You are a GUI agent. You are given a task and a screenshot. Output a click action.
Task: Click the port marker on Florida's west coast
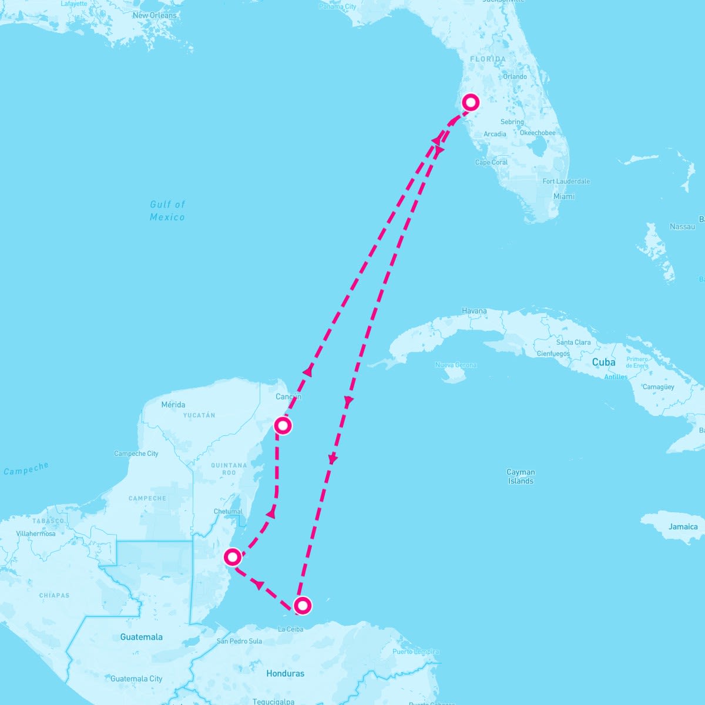point(471,102)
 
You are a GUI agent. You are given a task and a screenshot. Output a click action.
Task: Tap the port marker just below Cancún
point(283,425)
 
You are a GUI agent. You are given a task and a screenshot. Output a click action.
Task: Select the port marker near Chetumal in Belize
point(233,556)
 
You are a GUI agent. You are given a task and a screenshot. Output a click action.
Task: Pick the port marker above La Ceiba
point(302,605)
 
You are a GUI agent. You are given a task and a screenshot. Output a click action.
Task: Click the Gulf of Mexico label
point(167,210)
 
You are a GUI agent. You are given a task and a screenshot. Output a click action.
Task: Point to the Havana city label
point(474,311)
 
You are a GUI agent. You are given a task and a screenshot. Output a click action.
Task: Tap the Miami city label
point(563,196)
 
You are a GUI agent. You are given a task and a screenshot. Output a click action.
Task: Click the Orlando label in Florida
point(515,76)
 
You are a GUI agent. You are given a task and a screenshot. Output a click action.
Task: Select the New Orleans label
point(155,15)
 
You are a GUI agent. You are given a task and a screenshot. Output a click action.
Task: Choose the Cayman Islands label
point(521,476)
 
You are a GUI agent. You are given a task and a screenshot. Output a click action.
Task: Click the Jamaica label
point(683,526)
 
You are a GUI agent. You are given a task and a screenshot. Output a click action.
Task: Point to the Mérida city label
point(173,404)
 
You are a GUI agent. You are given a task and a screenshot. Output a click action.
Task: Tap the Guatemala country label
point(142,637)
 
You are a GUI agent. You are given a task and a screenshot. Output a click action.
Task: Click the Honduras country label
point(286,673)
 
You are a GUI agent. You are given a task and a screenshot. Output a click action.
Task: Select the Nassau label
point(682,226)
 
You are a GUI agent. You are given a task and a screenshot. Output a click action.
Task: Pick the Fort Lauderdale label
point(566,182)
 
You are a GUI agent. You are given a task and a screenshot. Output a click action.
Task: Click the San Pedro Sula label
point(239,641)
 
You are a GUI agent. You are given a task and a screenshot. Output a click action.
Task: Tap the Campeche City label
point(136,454)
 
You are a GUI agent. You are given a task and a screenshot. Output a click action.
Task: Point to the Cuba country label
point(603,362)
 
